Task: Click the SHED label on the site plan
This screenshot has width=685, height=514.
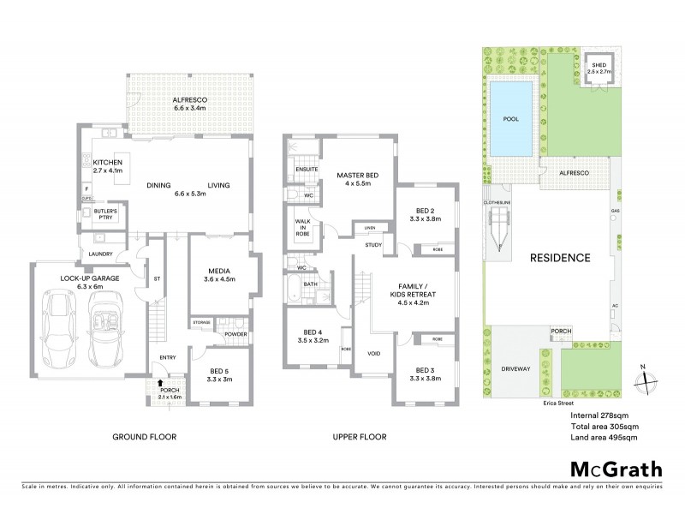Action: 597,66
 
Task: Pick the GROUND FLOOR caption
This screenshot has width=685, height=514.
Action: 145,437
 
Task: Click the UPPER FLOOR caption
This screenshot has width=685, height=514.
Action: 359,437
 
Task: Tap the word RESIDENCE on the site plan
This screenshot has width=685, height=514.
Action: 561,257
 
